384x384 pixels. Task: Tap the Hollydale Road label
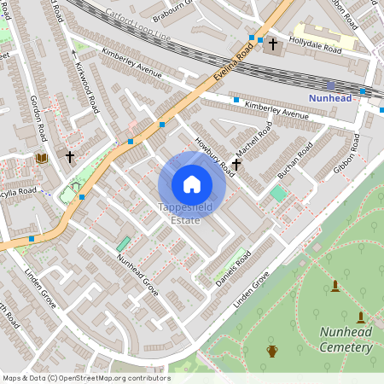315,40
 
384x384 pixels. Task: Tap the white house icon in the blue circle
192,184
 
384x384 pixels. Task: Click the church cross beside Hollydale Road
273,44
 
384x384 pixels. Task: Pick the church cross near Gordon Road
70,158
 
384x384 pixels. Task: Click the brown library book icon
41,158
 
